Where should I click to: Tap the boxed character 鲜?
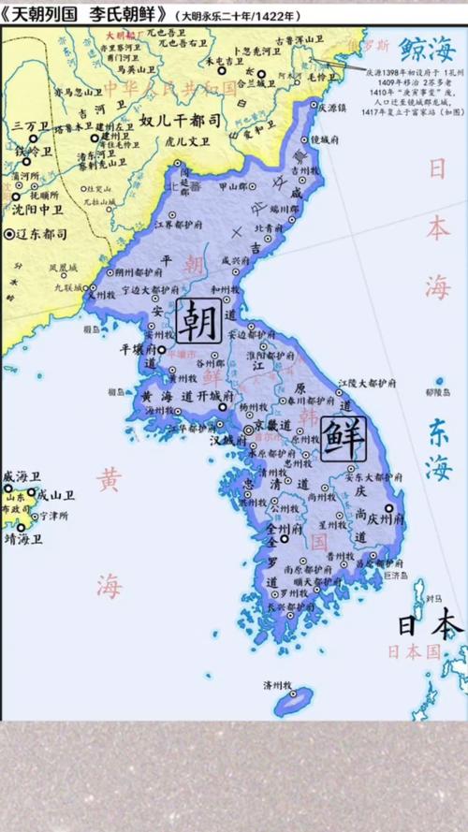(343, 437)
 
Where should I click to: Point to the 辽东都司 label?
(40, 233)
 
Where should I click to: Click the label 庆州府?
(380, 518)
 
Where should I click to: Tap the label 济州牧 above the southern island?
(285, 684)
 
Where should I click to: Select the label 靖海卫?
(22, 538)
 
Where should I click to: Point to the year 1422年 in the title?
(280, 17)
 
